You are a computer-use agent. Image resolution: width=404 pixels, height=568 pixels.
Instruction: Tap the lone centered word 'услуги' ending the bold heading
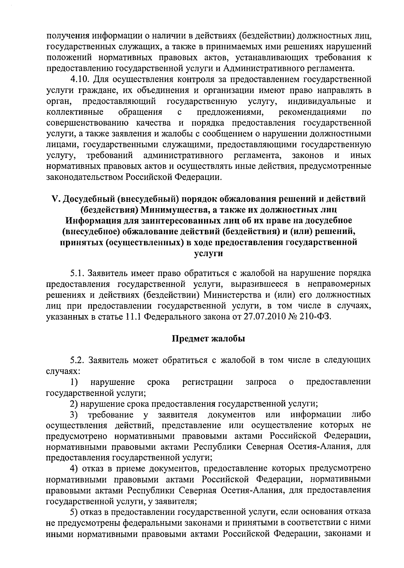209,254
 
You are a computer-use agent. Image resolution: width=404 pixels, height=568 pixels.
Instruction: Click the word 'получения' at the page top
68,35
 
